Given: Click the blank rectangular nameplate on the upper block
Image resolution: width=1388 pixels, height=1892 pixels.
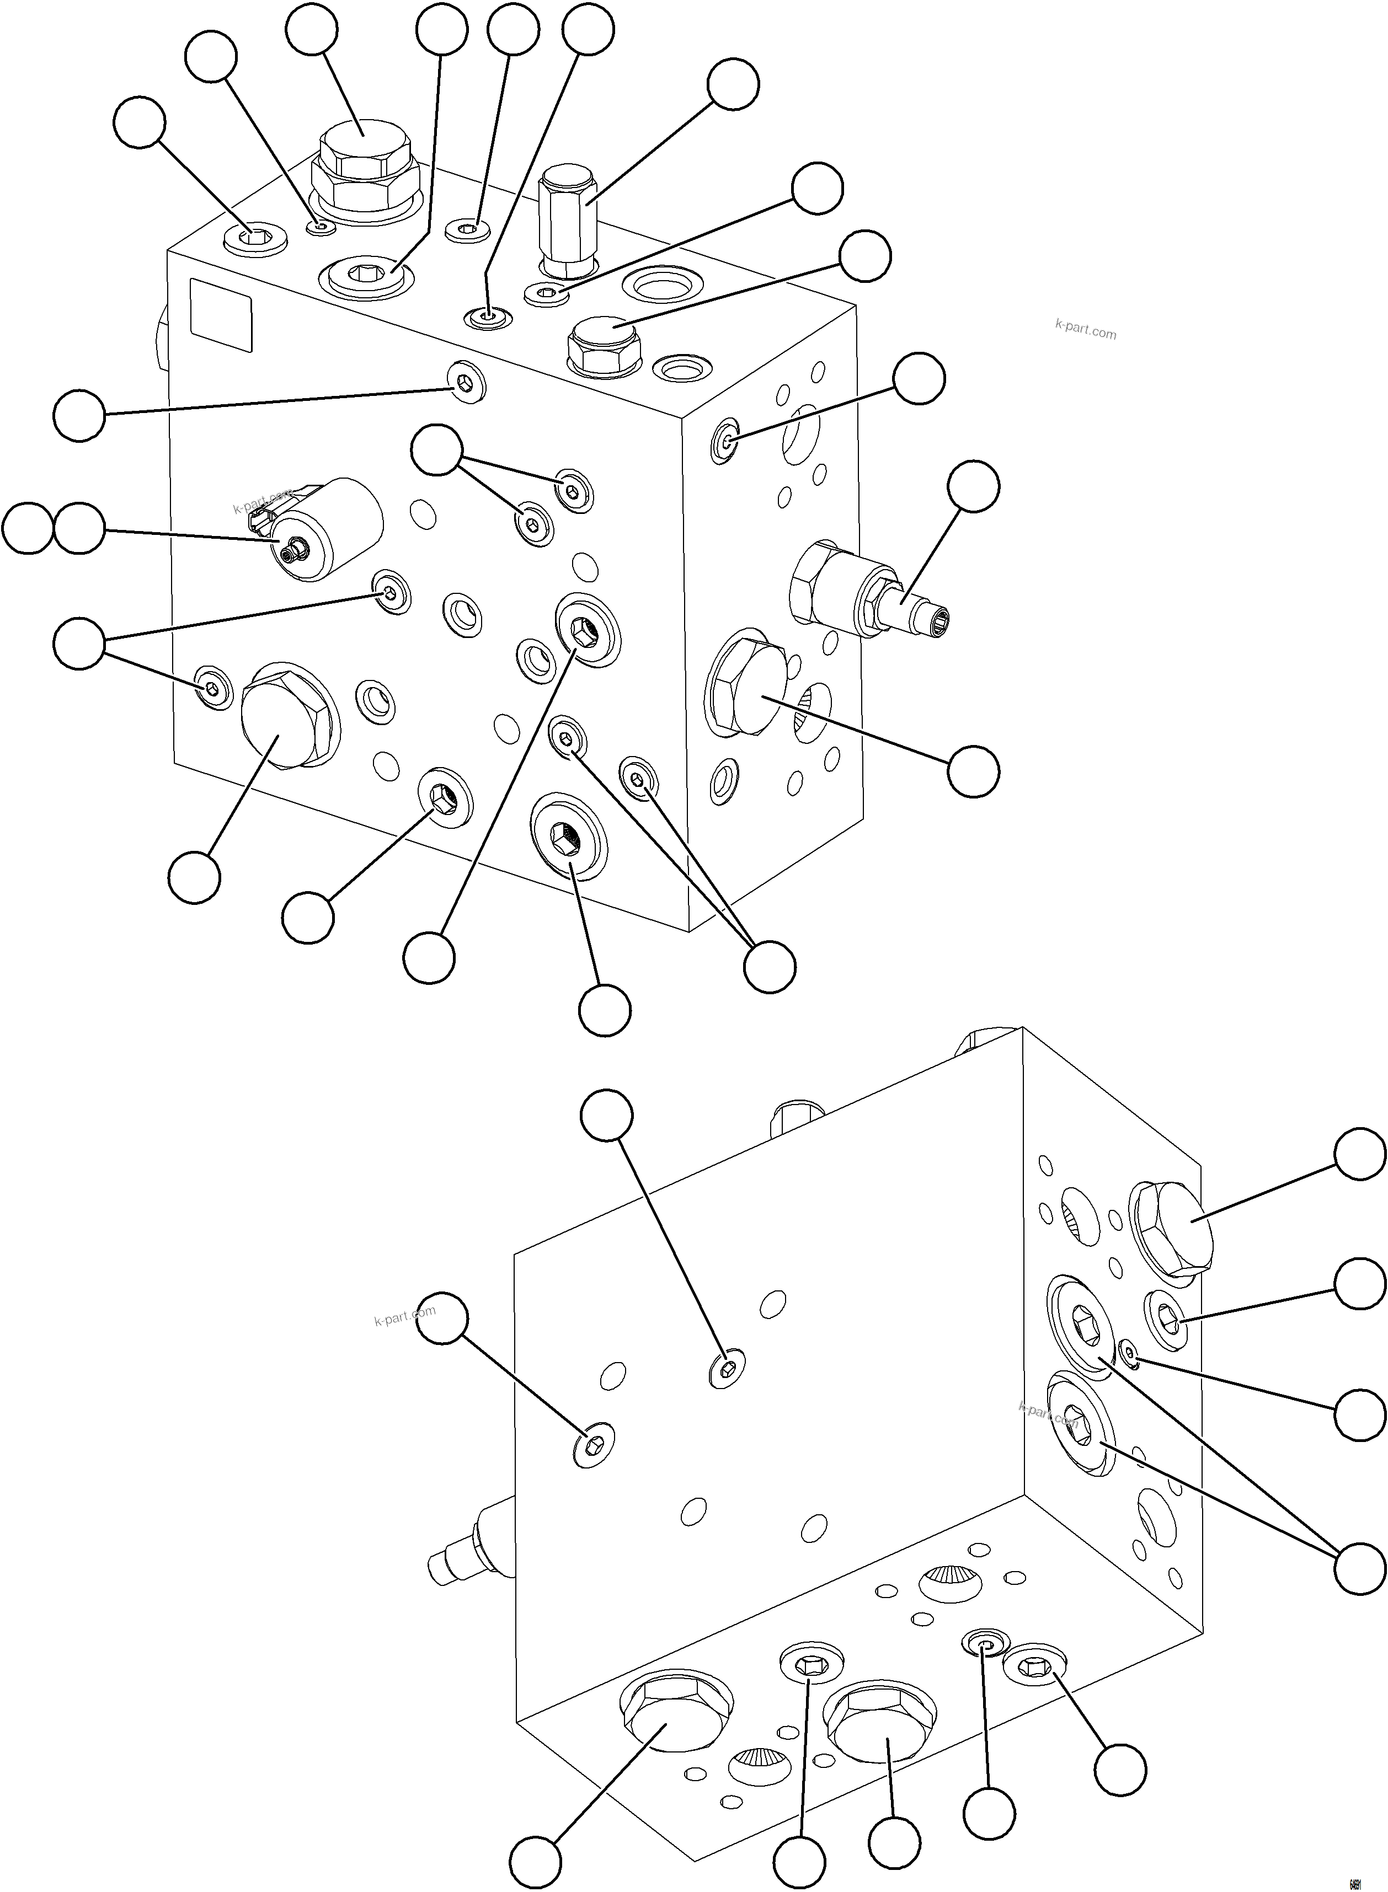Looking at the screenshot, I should click(x=221, y=315).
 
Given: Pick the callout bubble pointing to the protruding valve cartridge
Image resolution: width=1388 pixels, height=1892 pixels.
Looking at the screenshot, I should click(x=974, y=486).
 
